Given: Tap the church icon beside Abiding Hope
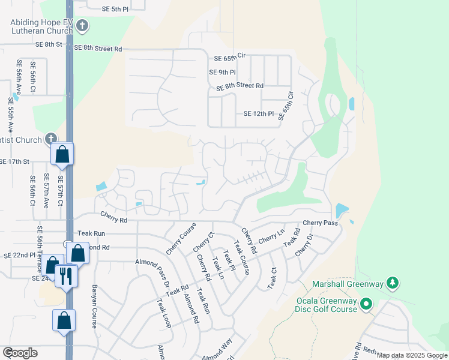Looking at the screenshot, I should pyautogui.click(x=83, y=26).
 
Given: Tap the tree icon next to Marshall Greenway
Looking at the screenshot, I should pyautogui.click(x=393, y=281).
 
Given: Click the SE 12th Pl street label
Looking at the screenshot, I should pyautogui.click(x=259, y=113).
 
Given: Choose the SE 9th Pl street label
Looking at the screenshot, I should pyautogui.click(x=222, y=72).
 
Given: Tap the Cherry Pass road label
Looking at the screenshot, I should pyautogui.click(x=321, y=223).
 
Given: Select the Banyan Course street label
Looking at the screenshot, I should pyautogui.click(x=94, y=305).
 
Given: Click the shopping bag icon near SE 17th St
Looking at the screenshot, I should pyautogui.click(x=62, y=154).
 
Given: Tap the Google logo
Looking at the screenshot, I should pyautogui.click(x=20, y=352).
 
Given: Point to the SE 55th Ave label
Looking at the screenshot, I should pyautogui.click(x=10, y=115).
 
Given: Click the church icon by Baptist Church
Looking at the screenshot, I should pyautogui.click(x=50, y=139).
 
